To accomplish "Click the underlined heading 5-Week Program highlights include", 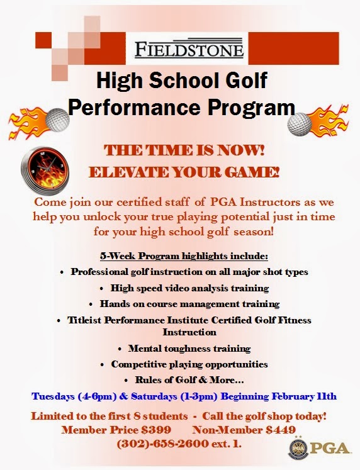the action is click(184, 257).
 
